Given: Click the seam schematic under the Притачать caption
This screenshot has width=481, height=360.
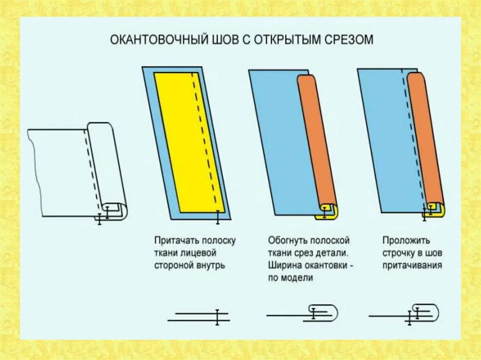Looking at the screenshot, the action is tap(199, 317).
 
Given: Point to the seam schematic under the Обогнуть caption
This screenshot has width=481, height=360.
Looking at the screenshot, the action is tap(303, 313).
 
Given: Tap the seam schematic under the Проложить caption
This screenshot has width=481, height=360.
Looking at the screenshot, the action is tap(405, 314).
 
